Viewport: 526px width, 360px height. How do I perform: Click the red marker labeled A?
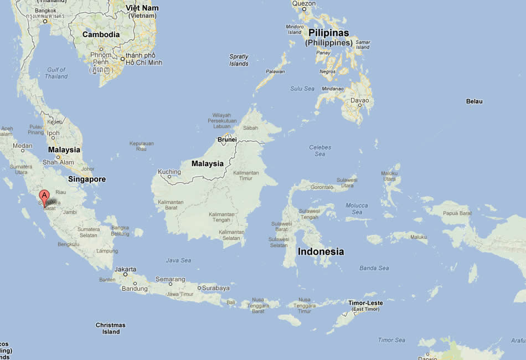pyautogui.click(x=44, y=196)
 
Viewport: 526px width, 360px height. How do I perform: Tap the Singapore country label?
pyautogui.click(x=87, y=179)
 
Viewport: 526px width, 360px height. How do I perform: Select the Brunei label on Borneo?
pyautogui.click(x=227, y=140)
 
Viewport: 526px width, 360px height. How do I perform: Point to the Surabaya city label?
pyautogui.click(x=215, y=288)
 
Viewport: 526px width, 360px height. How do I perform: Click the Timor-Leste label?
pyautogui.click(x=365, y=304)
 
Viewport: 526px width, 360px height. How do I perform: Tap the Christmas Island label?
pyautogui.click(x=111, y=328)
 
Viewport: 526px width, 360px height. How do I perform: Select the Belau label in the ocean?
pyautogui.click(x=474, y=101)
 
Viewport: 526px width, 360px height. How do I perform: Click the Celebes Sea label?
pyautogui.click(x=320, y=151)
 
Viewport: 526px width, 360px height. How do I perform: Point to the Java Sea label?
pyautogui.click(x=178, y=260)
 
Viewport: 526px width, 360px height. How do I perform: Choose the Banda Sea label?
pyautogui.click(x=374, y=268)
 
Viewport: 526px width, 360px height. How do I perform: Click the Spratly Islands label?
pyautogui.click(x=239, y=60)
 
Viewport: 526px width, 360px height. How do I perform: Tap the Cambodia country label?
pyautogui.click(x=101, y=34)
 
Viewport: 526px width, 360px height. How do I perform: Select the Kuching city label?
pyautogui.click(x=169, y=172)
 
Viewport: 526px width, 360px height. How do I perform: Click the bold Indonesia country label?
pyautogui.click(x=321, y=251)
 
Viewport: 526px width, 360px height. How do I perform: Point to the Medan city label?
pyautogui.click(x=23, y=146)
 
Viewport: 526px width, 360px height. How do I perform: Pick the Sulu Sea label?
pyautogui.click(x=302, y=89)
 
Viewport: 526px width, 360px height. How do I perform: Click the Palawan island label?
pyautogui.click(x=275, y=71)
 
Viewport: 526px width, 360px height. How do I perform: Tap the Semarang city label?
pyautogui.click(x=170, y=279)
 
